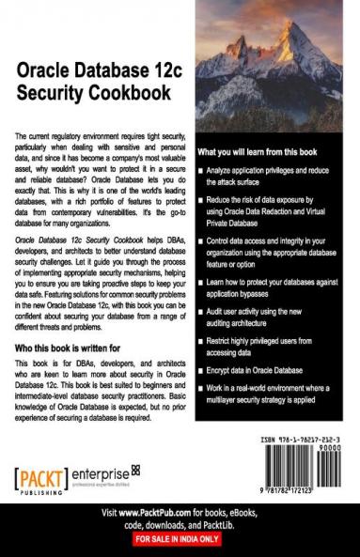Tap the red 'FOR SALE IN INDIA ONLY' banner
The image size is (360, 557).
pyautogui.click(x=180, y=541)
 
